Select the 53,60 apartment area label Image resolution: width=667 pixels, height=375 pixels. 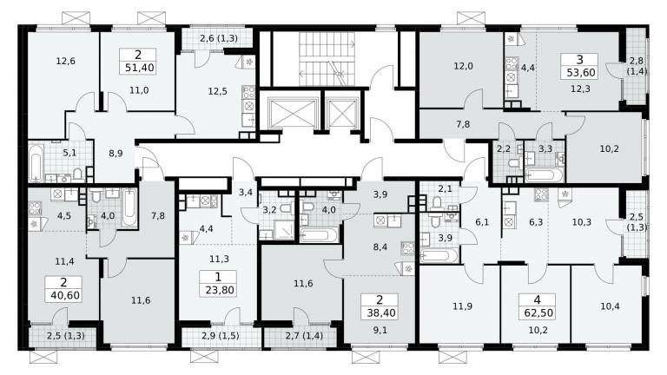[581, 73]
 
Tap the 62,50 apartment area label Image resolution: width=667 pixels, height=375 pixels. [538, 312]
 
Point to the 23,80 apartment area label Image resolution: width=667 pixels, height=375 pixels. [219, 291]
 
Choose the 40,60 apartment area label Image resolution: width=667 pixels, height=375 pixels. [64, 295]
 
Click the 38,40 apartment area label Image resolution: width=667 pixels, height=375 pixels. [380, 312]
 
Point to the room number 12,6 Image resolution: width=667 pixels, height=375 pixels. [65, 62]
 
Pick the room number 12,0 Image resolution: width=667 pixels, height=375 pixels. [463, 66]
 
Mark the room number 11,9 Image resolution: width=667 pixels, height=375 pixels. [462, 306]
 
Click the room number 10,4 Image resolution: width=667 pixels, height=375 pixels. [610, 306]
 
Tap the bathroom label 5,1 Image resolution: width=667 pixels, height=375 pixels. [69, 152]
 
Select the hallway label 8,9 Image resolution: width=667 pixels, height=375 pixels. [116, 154]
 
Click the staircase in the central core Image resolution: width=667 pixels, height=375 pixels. [327, 59]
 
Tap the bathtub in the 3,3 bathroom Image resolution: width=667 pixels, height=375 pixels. [544, 175]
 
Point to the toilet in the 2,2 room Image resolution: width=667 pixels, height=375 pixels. [514, 163]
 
